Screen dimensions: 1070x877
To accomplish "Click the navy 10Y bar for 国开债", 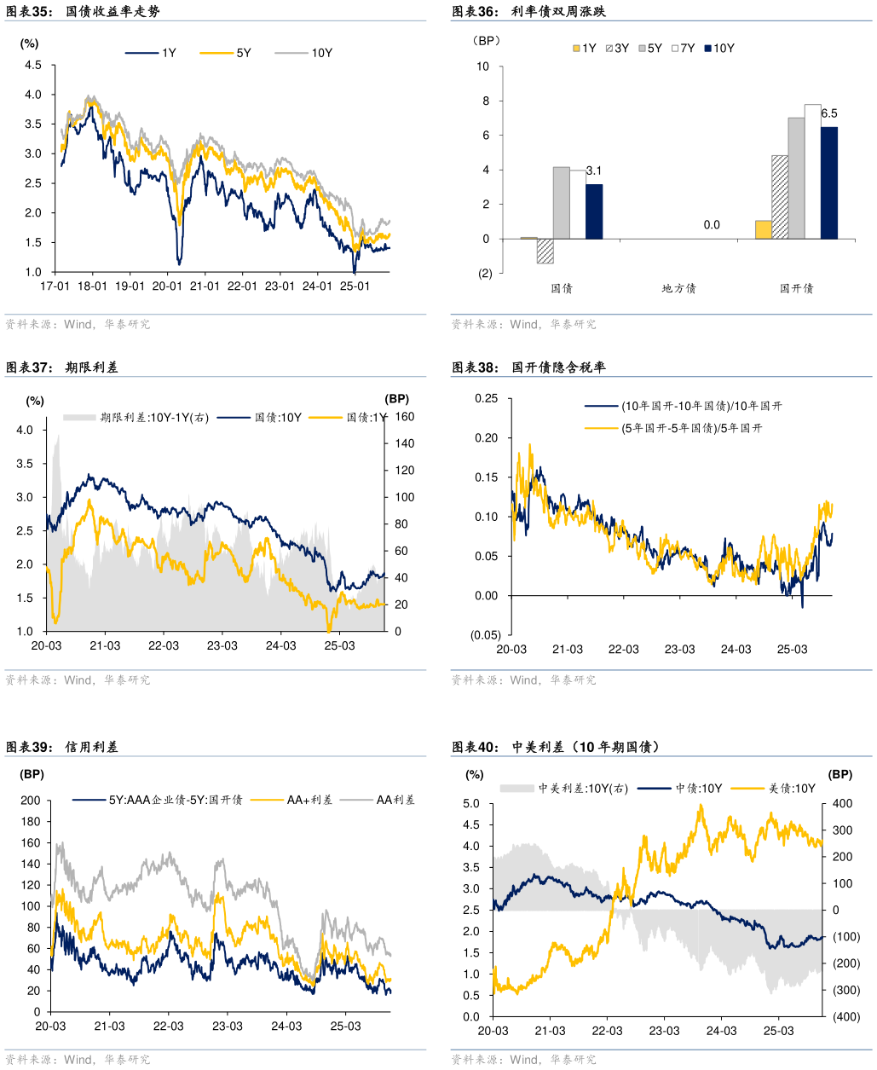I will [829, 182].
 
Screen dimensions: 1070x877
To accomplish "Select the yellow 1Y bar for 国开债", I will [764, 229].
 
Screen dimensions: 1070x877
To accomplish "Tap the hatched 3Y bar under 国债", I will [545, 251].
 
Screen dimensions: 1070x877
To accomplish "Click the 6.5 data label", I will [828, 113].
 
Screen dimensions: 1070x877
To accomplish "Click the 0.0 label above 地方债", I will [712, 225].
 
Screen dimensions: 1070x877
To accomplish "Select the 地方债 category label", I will [679, 288].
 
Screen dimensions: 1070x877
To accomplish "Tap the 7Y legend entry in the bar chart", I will [688, 49].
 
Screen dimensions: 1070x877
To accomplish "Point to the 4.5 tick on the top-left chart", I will [32, 66].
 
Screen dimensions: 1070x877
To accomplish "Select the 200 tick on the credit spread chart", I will [32, 801].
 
